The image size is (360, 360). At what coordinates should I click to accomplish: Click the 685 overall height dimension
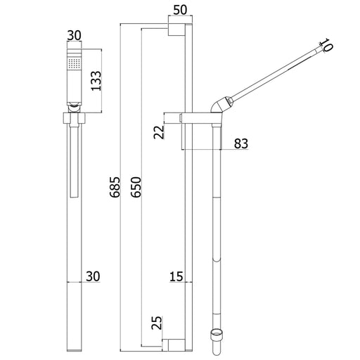[x=115, y=187]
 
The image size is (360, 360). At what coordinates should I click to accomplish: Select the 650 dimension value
[x=136, y=187]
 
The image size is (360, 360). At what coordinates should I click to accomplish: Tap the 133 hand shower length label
[x=96, y=81]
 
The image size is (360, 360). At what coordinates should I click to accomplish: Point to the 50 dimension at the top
[x=180, y=10]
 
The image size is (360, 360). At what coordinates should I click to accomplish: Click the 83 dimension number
[x=241, y=143]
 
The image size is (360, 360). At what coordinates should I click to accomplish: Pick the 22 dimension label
[x=159, y=132]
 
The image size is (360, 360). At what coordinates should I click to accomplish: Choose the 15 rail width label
[x=176, y=276]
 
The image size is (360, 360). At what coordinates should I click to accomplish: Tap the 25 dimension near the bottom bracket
[x=157, y=323]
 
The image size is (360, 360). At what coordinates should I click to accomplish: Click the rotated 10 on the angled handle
[x=326, y=45]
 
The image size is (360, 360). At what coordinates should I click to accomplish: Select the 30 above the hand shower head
[x=74, y=35]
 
